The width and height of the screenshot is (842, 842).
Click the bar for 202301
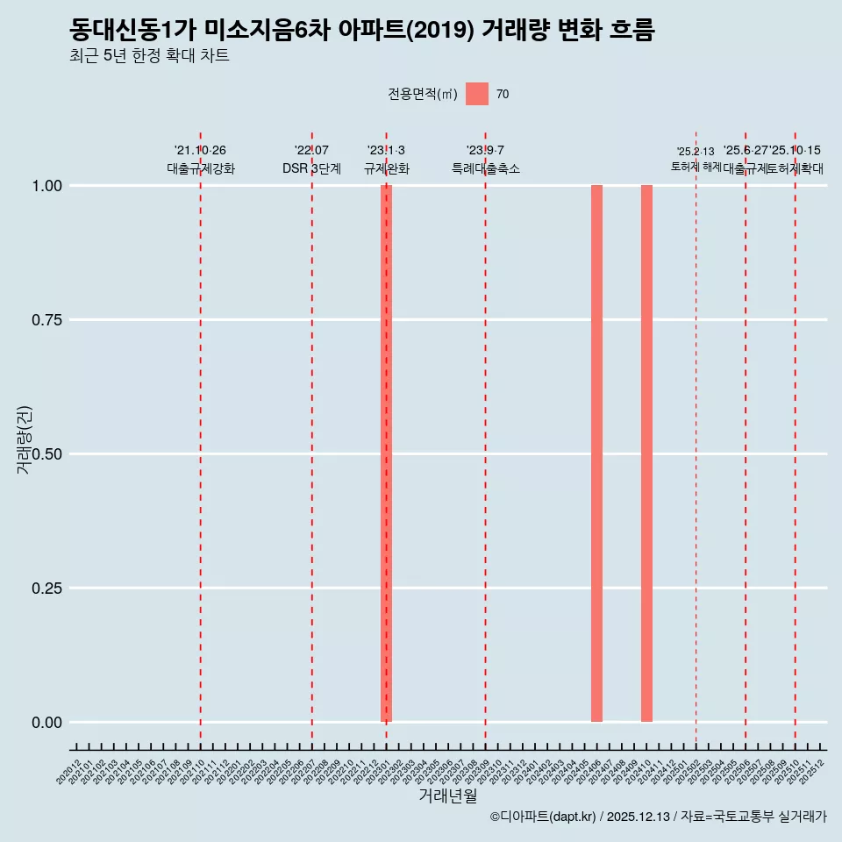point(386,453)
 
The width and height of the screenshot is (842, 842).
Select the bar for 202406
point(596,453)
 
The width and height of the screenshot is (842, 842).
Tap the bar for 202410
point(646,453)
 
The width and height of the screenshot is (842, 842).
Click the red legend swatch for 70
point(477,94)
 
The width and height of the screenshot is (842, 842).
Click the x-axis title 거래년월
point(447,796)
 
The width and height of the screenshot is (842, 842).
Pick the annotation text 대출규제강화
point(201,168)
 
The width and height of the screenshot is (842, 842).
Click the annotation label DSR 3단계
point(311,168)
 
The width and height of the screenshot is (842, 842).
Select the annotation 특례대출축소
point(485,168)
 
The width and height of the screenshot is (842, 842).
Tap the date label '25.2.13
point(696,152)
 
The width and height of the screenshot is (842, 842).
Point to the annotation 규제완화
point(386,168)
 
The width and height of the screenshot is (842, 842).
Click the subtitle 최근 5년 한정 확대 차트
point(149,56)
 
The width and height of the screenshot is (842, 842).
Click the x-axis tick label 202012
point(68,773)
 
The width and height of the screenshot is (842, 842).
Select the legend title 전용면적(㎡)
point(423,94)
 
